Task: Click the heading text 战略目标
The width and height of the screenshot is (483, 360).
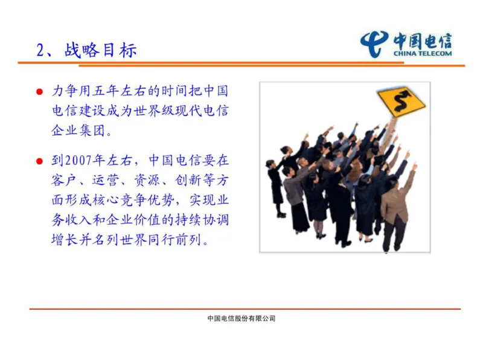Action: tap(101, 50)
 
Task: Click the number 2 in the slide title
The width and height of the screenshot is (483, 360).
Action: tap(41, 50)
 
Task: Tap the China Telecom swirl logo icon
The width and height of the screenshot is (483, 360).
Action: tap(374, 43)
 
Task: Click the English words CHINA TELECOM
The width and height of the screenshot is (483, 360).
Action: tap(422, 54)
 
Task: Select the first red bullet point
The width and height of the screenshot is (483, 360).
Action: tap(39, 93)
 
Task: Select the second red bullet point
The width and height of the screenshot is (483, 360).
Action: tap(39, 161)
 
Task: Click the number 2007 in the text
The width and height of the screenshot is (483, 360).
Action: tap(79, 161)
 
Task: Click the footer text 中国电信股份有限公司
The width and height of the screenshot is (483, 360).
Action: tap(241, 318)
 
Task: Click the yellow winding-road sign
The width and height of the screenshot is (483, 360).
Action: tap(401, 101)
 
